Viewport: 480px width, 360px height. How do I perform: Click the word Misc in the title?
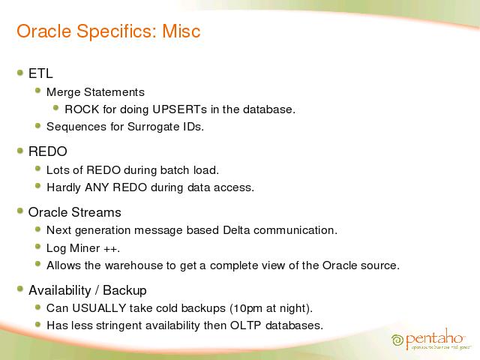(181, 31)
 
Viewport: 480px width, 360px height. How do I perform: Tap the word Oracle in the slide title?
(43, 31)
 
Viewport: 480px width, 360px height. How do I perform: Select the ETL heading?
(40, 73)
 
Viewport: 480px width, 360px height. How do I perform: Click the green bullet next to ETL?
(20, 73)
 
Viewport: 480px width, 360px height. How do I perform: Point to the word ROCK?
(82, 109)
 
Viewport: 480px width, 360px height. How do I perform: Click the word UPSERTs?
(180, 109)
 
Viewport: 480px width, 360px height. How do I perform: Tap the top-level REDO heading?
(48, 151)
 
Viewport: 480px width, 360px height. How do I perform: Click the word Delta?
(236, 230)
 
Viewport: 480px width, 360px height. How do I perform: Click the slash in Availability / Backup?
(97, 290)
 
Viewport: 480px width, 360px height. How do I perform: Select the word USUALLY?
(99, 308)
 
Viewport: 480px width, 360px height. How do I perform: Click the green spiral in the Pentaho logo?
(397, 340)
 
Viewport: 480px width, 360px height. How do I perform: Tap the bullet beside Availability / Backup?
(20, 289)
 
